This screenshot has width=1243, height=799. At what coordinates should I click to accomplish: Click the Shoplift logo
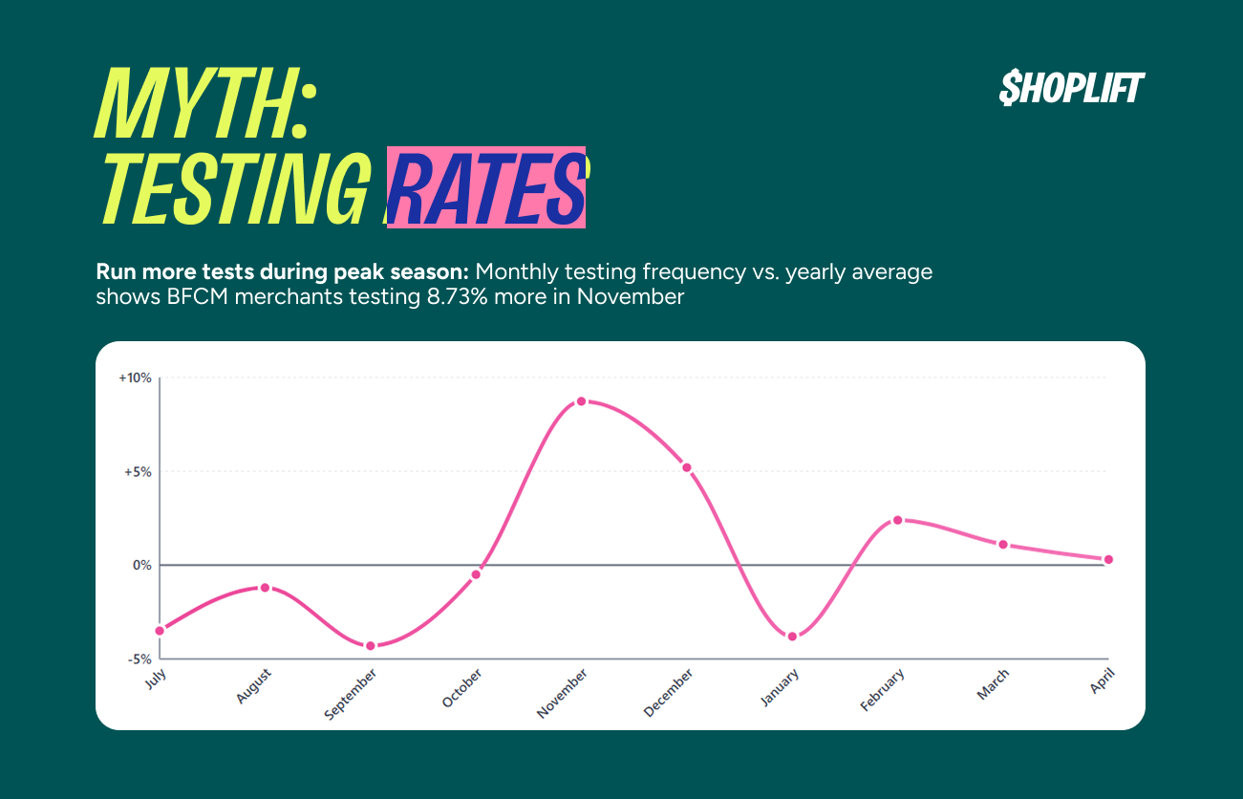tap(1071, 88)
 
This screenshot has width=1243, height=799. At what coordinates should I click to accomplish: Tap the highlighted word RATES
tap(485, 188)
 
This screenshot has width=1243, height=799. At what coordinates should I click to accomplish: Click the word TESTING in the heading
tap(234, 188)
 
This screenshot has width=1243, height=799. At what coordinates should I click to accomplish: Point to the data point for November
tap(581, 401)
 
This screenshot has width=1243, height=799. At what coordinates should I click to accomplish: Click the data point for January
tap(792, 637)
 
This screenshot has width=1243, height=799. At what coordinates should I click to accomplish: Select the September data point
tap(371, 646)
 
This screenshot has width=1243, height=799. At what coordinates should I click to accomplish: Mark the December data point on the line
tap(686, 467)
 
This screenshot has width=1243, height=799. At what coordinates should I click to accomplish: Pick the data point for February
tap(897, 520)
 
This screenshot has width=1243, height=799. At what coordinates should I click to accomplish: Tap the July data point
tap(160, 630)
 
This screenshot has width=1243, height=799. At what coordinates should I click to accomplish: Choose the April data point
tap(1108, 559)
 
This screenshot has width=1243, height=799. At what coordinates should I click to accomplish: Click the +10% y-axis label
tap(135, 378)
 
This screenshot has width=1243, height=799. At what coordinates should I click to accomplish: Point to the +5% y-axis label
tap(138, 471)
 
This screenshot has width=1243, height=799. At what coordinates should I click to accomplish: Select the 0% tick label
tap(141, 565)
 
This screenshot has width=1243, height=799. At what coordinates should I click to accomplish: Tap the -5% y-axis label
tap(139, 659)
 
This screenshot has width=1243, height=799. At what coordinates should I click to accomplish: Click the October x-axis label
tap(462, 688)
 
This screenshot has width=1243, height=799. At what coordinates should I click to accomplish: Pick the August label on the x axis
tap(252, 686)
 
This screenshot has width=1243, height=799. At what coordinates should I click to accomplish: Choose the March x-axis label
tap(993, 684)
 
